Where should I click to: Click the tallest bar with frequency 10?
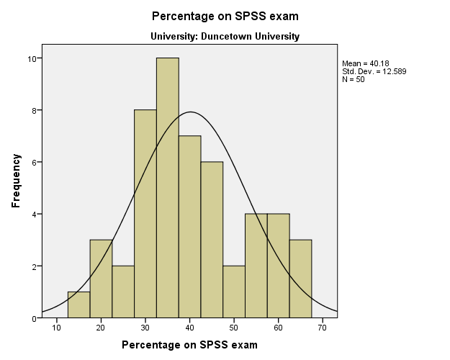[x=167, y=187]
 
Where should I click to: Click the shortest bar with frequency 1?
[x=78, y=305]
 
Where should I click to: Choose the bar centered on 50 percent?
[x=234, y=292]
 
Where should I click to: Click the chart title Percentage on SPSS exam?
[x=225, y=16]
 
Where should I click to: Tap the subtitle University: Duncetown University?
[x=225, y=36]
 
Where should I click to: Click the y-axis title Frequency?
[x=16, y=182]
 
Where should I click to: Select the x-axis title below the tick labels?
[x=189, y=345]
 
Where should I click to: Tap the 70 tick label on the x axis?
[x=323, y=327]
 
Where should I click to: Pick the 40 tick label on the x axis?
[x=189, y=327]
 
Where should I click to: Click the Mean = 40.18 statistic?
[x=366, y=63]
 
